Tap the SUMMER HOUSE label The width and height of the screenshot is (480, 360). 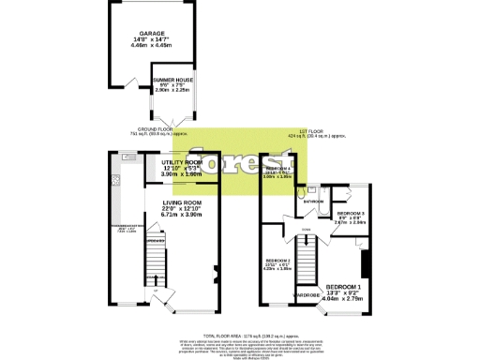pos(172,81)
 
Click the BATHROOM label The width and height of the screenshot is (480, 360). pos(313,202)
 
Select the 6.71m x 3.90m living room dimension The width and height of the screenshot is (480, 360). pos(186,215)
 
